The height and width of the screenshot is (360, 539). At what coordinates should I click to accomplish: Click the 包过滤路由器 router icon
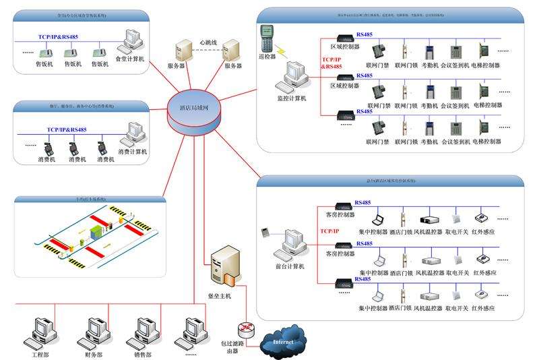[x=246, y=328]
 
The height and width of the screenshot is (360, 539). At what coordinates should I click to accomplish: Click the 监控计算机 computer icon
[x=294, y=77]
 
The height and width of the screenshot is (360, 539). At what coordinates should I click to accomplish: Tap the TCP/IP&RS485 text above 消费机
[x=66, y=129]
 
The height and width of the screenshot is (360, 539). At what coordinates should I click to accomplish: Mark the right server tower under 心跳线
[x=231, y=51]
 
